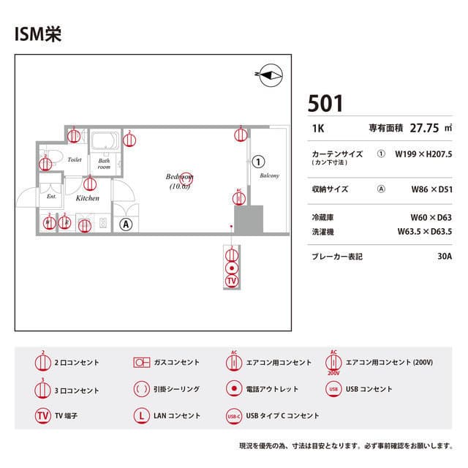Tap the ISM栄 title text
(x=37, y=35)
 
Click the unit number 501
(x=325, y=103)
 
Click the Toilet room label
(x=75, y=159)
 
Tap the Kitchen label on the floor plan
(x=88, y=198)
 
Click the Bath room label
(x=105, y=164)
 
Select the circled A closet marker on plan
(x=127, y=224)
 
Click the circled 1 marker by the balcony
(x=257, y=160)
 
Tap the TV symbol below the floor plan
(x=232, y=281)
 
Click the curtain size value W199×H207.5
(x=423, y=154)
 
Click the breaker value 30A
(x=445, y=257)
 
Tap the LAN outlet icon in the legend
(x=142, y=415)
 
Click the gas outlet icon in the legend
(x=142, y=363)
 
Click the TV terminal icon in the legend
(x=43, y=415)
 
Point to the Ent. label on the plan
(x=51, y=197)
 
